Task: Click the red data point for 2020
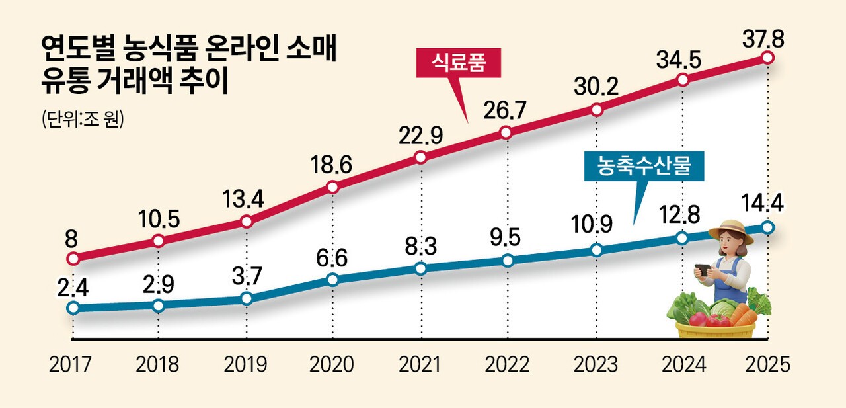333,187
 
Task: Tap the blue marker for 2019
247,298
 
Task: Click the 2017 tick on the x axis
71,364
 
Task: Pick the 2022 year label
506,364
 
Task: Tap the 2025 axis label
767,364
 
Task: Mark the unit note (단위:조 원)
83,120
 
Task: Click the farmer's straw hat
730,229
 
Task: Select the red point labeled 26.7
506,132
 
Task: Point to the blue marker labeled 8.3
420,268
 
